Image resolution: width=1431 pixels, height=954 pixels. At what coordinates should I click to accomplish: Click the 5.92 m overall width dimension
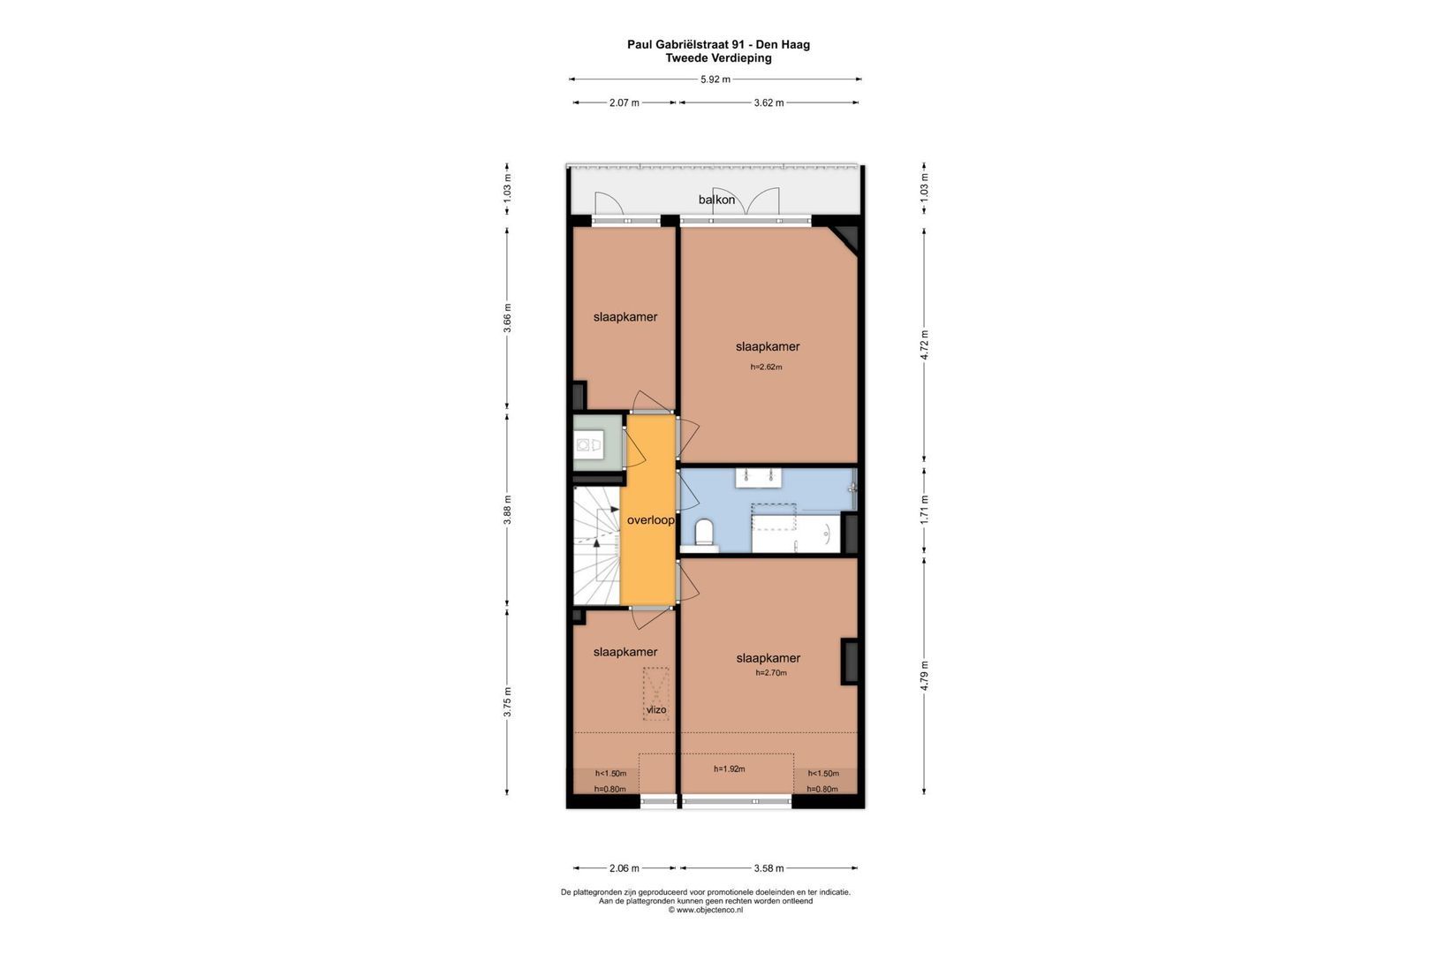(715, 79)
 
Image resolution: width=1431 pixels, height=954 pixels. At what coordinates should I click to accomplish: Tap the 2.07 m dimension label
(625, 102)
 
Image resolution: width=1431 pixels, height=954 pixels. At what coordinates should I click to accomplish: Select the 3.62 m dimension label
(768, 102)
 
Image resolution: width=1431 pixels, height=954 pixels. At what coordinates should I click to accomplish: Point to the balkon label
(716, 200)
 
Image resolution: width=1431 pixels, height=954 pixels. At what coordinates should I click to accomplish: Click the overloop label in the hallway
(650, 520)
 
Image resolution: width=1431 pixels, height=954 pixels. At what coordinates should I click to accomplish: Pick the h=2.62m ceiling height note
(766, 367)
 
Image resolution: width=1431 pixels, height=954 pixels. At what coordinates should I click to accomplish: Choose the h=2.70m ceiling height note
(771, 672)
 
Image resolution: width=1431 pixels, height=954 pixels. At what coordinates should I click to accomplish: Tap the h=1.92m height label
(730, 768)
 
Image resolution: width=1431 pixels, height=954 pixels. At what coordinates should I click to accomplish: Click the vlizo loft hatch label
(656, 709)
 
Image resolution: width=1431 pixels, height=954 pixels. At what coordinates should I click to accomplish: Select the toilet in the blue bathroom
(704, 533)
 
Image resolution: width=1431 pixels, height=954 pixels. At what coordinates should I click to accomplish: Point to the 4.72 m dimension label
(924, 344)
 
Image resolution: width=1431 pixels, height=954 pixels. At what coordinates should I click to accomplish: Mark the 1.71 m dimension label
(924, 510)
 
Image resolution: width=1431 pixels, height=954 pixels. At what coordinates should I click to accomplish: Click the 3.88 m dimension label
(507, 510)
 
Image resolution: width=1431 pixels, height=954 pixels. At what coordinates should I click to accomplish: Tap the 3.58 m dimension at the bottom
(768, 867)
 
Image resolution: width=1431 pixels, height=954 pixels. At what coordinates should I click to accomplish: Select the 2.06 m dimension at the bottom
(625, 867)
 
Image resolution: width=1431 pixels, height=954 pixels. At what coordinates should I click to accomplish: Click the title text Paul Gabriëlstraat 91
(685, 45)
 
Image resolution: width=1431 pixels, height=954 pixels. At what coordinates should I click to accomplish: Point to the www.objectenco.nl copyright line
(705, 910)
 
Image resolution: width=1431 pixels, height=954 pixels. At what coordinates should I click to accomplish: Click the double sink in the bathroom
(759, 478)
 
